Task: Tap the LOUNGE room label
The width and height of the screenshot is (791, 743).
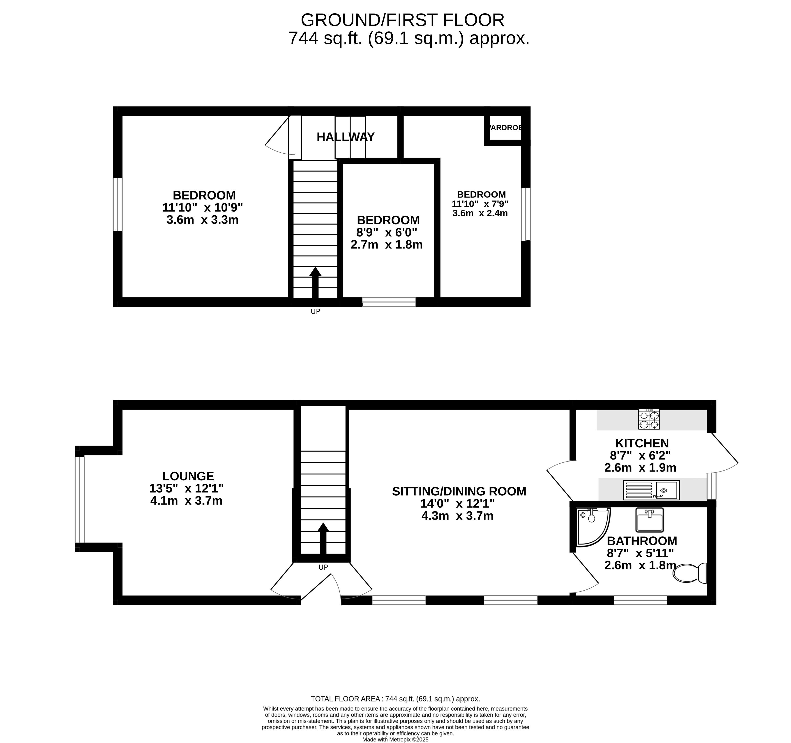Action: (188, 476)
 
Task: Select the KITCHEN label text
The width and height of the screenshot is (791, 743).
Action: (642, 443)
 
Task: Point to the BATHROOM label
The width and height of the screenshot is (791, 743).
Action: (642, 541)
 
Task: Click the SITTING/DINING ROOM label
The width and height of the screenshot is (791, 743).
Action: (459, 492)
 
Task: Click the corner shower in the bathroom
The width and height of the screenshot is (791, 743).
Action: (593, 527)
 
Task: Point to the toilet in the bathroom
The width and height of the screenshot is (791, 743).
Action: (689, 573)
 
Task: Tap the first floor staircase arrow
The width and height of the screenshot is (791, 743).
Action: (315, 283)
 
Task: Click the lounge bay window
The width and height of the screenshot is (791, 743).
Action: (80, 499)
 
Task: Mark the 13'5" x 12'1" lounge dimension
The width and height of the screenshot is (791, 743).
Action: (186, 488)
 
